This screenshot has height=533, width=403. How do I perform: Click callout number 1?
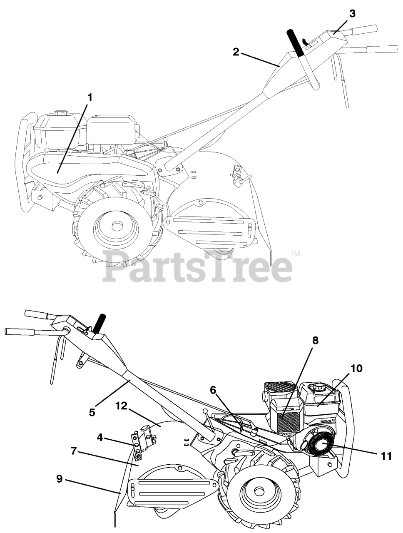coord(90,97)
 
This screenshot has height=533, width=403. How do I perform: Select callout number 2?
coord(236,52)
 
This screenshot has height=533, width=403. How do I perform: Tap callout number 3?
coord(352,13)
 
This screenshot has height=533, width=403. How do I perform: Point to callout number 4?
coord(100,437)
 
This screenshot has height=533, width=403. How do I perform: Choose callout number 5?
coord(92,412)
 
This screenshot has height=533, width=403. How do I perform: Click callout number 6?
coord(213,390)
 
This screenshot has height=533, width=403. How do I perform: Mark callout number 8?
coord(315,340)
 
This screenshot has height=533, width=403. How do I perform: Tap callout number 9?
coord(60,479)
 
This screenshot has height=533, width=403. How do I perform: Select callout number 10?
coord(356,369)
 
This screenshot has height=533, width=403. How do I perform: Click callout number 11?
coord(386,456)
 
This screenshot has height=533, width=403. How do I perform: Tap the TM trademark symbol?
coord(295,253)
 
